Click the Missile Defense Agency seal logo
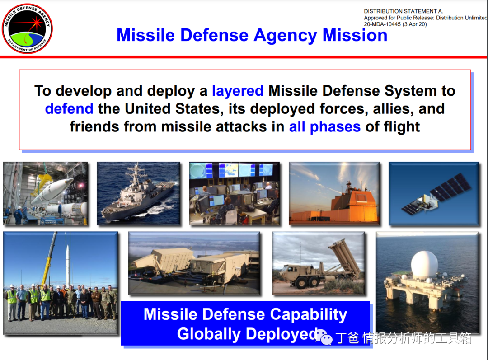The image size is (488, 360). tap(28, 28)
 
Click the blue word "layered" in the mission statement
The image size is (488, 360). tap(238, 91)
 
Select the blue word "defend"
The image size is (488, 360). tap(69, 109)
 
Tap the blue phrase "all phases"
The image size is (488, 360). tap(324, 127)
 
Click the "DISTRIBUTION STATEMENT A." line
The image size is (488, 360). tap(404, 11)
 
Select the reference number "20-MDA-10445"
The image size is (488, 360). tap(382, 24)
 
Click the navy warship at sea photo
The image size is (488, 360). tap(139, 193)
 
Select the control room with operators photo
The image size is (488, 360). tap(235, 193)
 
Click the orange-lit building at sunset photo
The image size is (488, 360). tap(334, 193)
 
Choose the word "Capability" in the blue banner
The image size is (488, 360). tap(309, 314)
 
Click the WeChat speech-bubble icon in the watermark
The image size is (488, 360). tap(324, 337)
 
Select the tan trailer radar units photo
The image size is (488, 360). tap(194, 263)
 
